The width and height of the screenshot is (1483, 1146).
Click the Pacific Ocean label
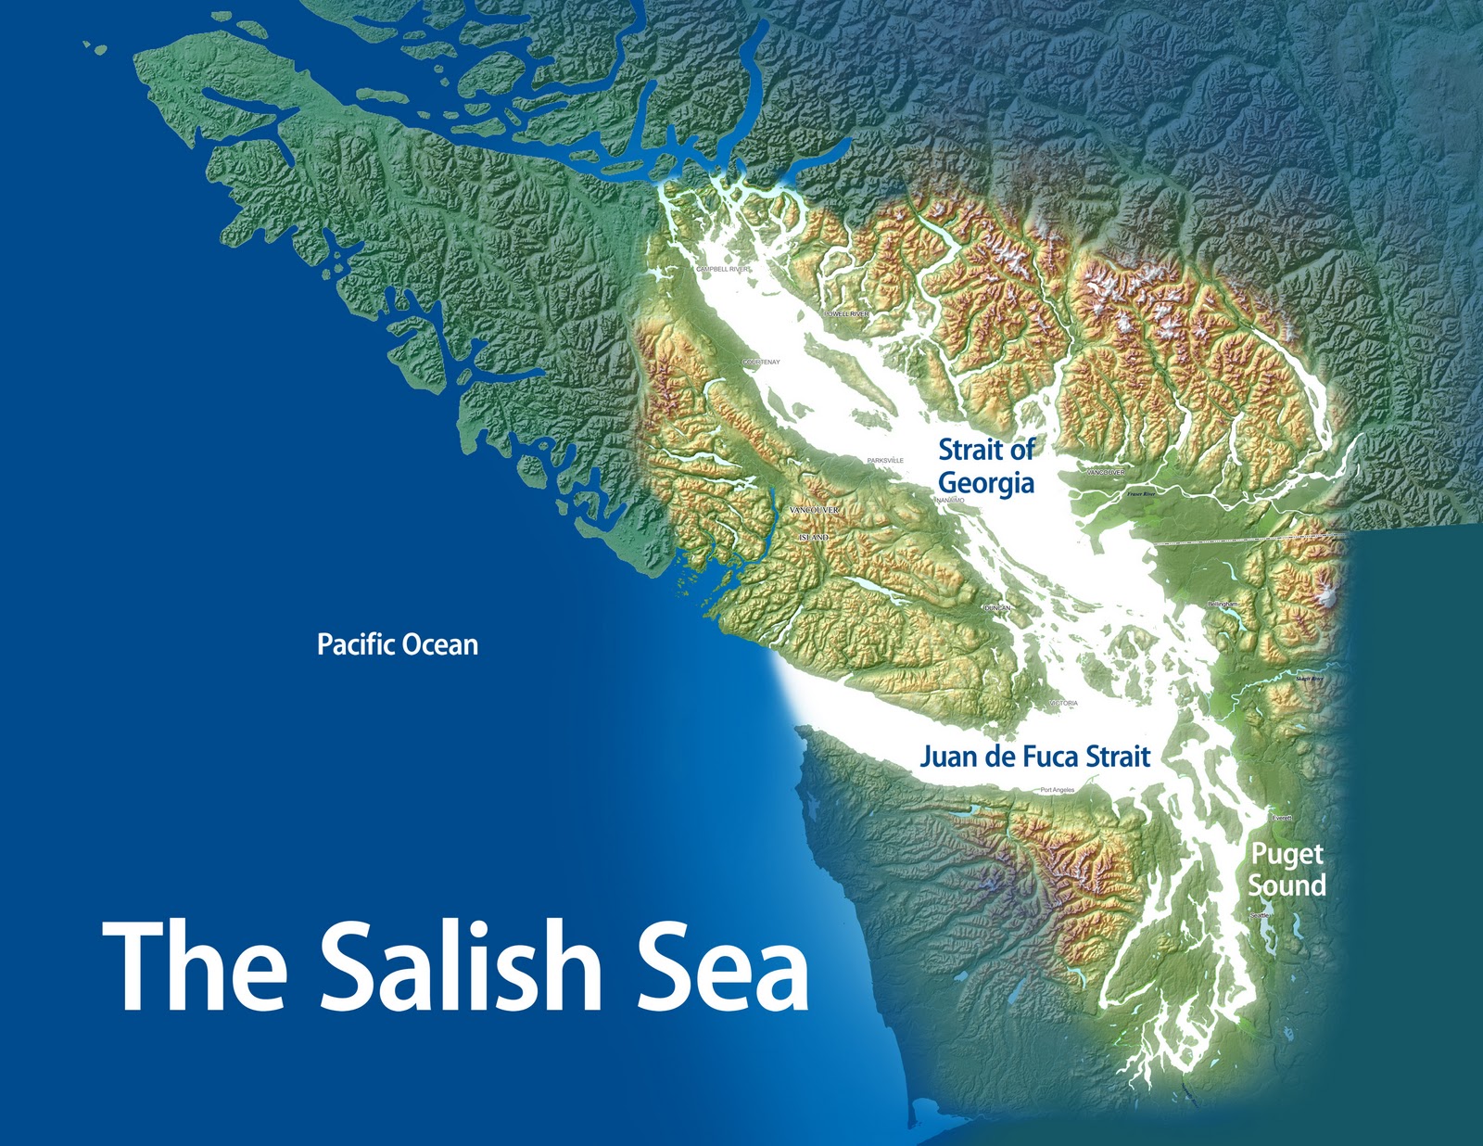[x=398, y=644]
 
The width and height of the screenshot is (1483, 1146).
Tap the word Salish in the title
[x=461, y=965]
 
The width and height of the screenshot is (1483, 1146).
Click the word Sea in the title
[x=723, y=965]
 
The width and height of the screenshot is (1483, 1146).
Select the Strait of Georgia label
[x=986, y=466]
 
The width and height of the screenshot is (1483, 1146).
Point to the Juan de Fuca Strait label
[x=1034, y=757]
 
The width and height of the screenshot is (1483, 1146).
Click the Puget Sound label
[x=1287, y=870]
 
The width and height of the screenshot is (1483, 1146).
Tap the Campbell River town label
[x=723, y=269]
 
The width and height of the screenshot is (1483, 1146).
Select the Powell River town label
[x=847, y=314]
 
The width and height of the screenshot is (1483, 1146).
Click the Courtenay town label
[x=761, y=363]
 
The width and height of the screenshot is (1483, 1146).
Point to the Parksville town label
[x=885, y=461]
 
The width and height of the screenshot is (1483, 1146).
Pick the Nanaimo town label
[x=951, y=500]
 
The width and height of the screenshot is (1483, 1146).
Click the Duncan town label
[x=997, y=608]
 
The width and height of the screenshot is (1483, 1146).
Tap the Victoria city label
[x=1064, y=704]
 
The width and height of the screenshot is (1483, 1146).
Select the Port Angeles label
[x=1057, y=790]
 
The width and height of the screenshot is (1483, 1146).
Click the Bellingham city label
[x=1223, y=605]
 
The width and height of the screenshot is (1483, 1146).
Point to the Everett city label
[x=1282, y=818]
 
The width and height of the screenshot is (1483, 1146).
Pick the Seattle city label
[x=1260, y=915]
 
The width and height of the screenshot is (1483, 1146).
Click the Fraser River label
[x=1141, y=494]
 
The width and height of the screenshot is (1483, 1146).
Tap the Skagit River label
[x=1309, y=679]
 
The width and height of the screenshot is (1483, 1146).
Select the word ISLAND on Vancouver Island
[x=814, y=538]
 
